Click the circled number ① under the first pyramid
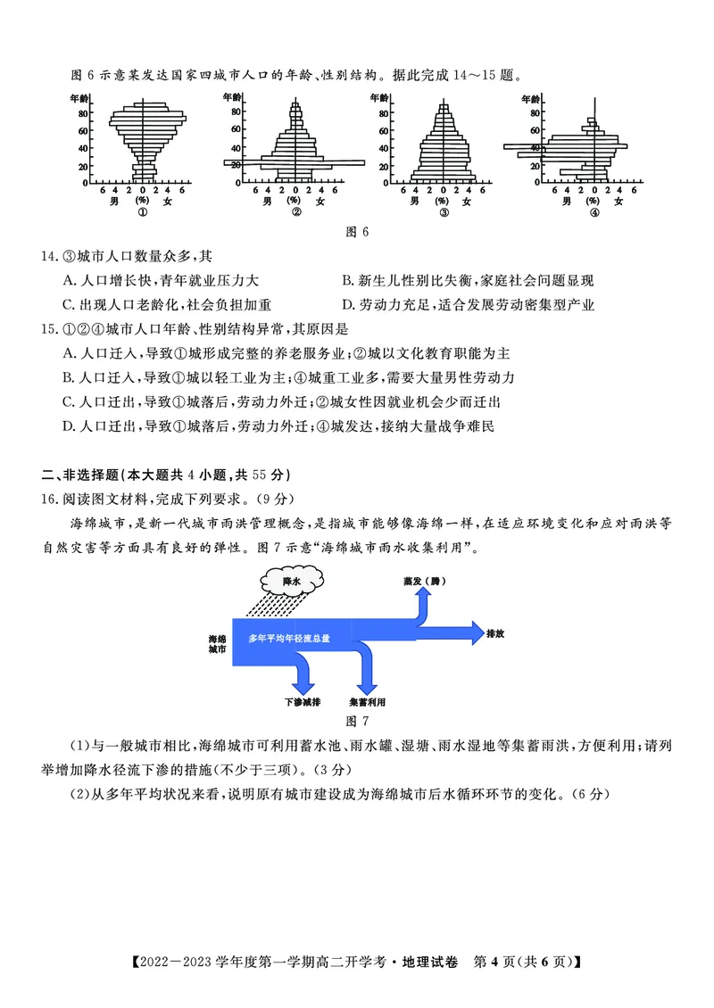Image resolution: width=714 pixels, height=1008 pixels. (142, 212)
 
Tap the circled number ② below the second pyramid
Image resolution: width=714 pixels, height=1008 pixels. (295, 212)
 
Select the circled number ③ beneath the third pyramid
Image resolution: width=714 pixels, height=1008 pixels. (443, 212)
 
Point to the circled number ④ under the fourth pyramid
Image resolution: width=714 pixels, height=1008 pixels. (594, 212)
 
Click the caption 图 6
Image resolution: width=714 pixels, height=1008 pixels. (357, 233)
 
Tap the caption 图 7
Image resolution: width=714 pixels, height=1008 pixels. (357, 720)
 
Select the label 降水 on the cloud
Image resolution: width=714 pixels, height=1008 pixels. (291, 581)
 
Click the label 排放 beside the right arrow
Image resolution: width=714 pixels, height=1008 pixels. (496, 633)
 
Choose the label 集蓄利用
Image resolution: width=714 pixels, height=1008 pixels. (368, 702)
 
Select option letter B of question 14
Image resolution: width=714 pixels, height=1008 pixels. (347, 281)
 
